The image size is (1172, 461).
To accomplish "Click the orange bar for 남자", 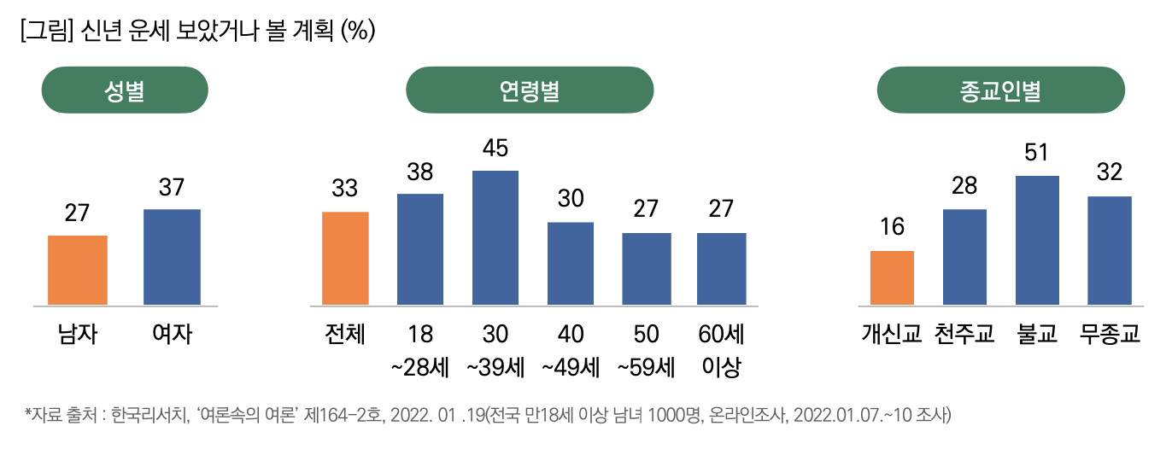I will (78, 270).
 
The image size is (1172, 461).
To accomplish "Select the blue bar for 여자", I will (172, 257).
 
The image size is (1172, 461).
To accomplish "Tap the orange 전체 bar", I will (345, 258).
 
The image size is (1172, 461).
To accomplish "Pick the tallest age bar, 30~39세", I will (495, 237).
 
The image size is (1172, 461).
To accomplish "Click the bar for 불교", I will (1038, 240).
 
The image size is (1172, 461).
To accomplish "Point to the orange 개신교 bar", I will (892, 277).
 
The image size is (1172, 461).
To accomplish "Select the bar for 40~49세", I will (571, 263).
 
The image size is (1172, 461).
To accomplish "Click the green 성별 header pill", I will (125, 90).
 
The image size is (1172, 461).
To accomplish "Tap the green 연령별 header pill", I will (530, 90).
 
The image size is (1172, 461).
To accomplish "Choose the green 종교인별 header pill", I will (1000, 90).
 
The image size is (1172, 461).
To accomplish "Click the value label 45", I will (495, 149).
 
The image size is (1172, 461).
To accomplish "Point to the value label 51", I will (1038, 154).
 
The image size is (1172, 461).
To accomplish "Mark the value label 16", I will (892, 228).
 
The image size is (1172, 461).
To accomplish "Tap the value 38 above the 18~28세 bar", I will (420, 172).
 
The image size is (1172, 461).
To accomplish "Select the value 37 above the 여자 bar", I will (172, 187).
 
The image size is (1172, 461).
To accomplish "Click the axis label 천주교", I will (964, 334).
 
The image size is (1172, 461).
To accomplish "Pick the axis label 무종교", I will (1110, 334).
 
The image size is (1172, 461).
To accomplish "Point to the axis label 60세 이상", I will (721, 350).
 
